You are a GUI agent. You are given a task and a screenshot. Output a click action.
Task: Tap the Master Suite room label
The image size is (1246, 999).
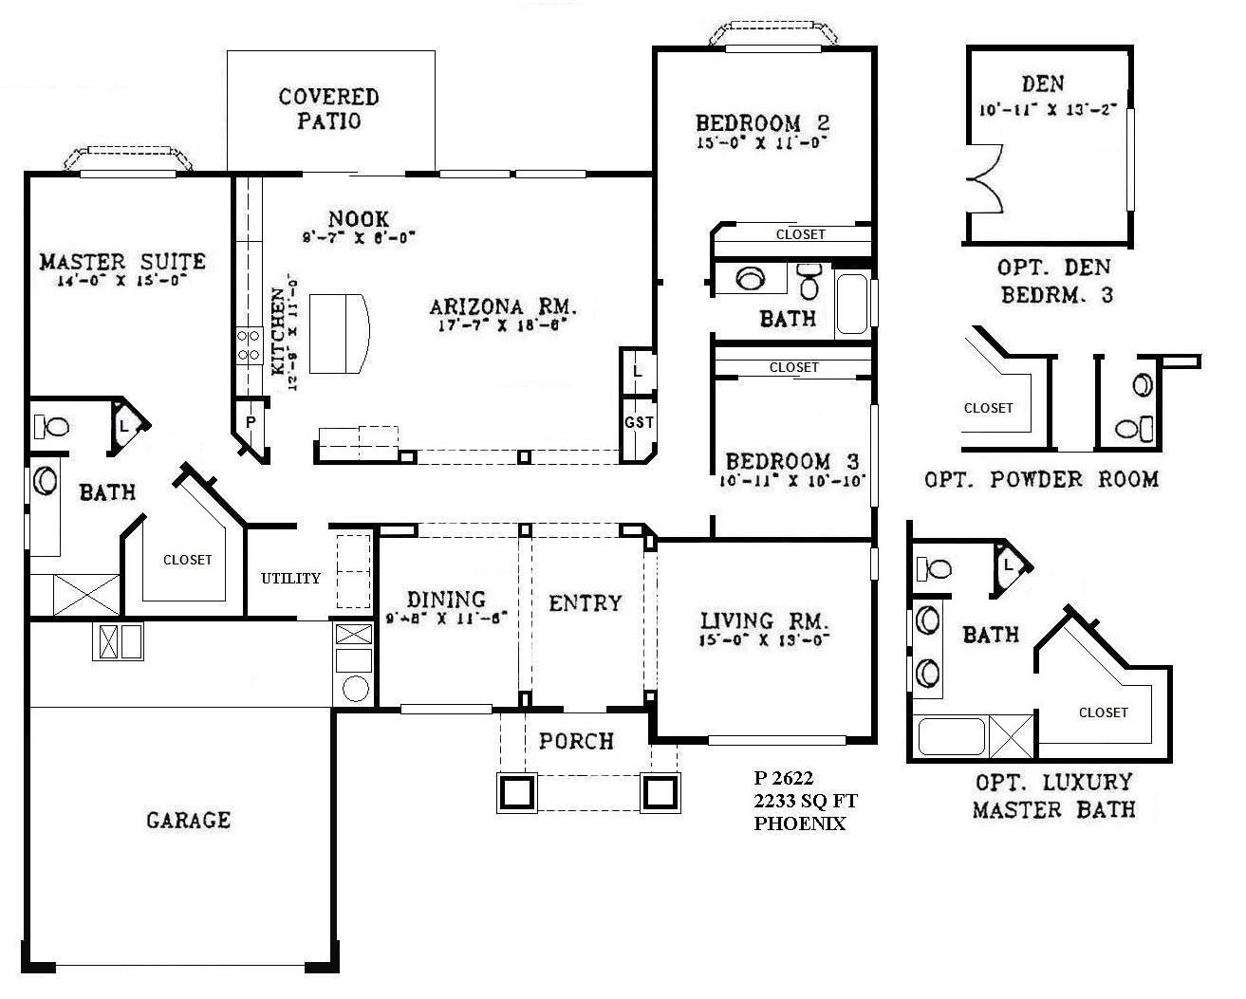point(122,261)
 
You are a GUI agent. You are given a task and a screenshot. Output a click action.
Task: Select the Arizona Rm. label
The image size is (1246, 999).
point(503,306)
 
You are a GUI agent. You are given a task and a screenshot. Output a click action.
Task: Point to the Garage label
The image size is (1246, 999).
point(188,819)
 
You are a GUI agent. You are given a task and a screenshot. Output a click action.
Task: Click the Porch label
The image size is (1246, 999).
point(576,740)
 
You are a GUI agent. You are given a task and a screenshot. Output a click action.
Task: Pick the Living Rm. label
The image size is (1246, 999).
point(765,621)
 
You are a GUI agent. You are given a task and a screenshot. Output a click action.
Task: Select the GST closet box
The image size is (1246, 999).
point(639,423)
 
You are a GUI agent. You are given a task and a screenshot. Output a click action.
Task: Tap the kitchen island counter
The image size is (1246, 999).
point(340,335)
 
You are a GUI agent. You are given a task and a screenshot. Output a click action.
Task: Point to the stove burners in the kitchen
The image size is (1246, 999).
point(249,345)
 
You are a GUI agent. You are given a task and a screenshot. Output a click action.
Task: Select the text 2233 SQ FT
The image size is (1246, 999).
point(805,803)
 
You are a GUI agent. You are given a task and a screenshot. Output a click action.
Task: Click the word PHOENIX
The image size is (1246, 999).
point(799,824)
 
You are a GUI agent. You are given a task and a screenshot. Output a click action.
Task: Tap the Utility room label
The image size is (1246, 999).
point(290,578)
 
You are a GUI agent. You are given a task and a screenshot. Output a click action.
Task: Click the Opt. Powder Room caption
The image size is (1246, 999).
point(1041,479)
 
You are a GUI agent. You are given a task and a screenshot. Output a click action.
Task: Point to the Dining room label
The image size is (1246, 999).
point(446,600)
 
